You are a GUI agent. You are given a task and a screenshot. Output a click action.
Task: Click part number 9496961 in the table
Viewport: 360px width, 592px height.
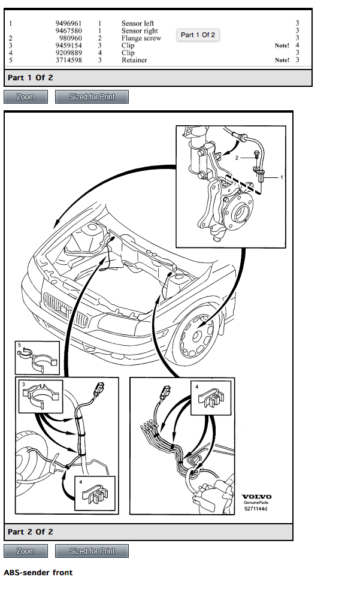69,23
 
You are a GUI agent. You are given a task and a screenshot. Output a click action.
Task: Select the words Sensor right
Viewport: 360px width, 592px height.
140,31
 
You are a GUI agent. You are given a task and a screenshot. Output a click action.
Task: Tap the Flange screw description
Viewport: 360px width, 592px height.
141,38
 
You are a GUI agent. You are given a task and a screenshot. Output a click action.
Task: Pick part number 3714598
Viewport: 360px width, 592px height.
69,60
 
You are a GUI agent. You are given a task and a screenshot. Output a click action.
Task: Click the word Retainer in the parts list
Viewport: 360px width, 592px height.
134,60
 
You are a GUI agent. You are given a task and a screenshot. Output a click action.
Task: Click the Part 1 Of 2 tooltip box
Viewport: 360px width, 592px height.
198,35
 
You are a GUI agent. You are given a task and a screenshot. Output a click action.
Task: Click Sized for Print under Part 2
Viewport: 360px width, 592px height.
92,551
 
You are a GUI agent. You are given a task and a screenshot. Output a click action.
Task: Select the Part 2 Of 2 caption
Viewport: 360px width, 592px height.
30,532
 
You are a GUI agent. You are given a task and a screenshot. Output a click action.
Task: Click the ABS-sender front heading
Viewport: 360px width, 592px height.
38,573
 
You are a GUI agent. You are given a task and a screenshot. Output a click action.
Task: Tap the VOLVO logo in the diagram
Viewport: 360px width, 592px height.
256,497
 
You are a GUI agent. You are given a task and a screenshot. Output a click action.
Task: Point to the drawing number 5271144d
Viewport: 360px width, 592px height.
255,509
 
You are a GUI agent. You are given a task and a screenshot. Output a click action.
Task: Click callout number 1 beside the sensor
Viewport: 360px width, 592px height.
282,177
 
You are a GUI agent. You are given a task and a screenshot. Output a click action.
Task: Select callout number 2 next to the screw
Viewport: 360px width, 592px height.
237,158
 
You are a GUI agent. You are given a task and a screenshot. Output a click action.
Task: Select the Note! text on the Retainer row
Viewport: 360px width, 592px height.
282,60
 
